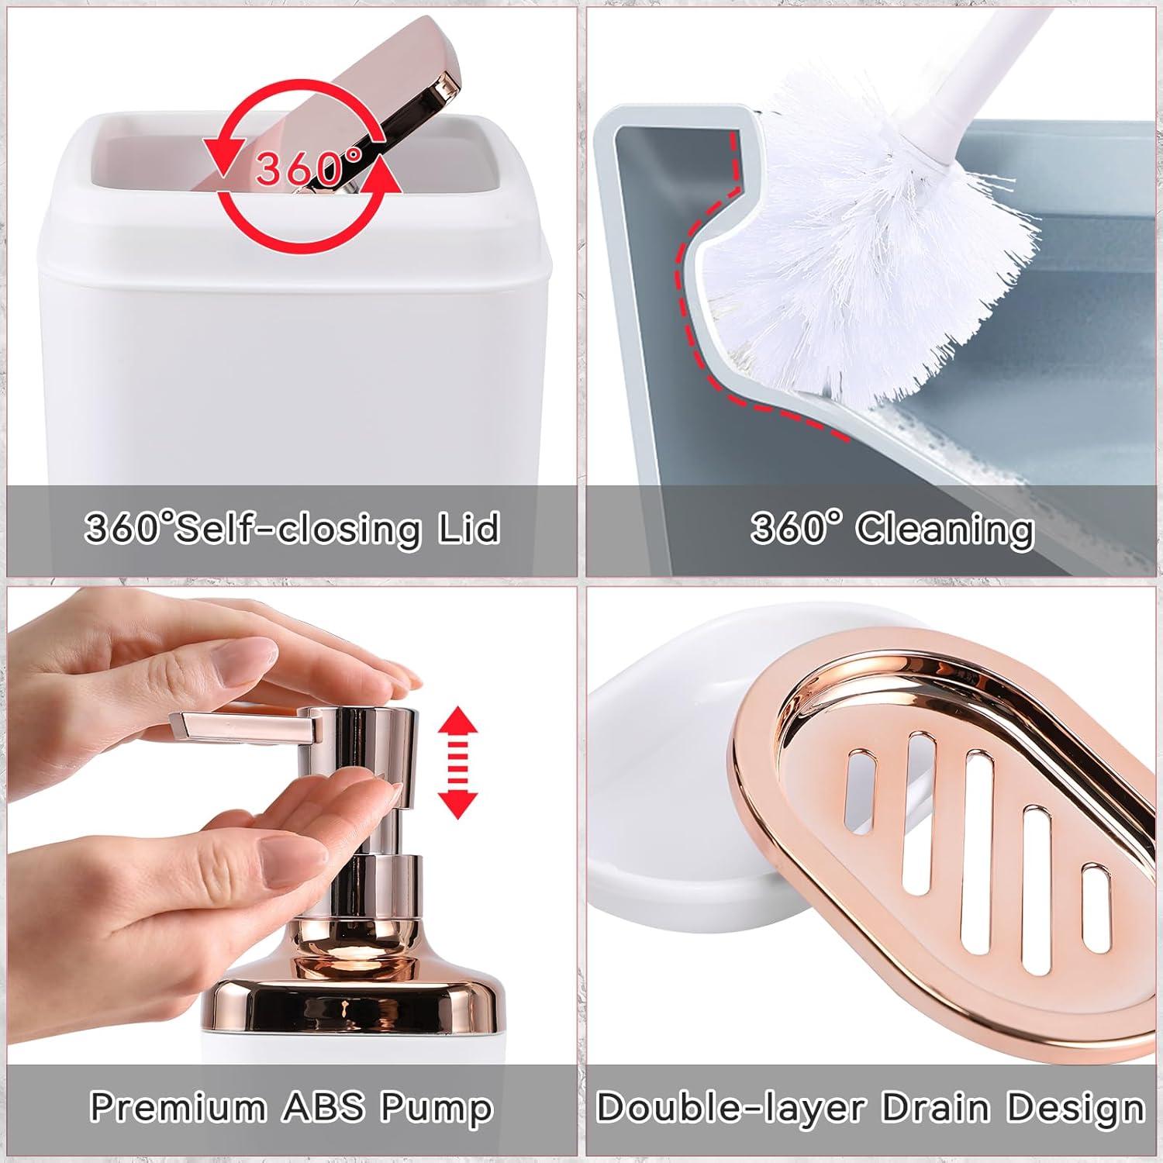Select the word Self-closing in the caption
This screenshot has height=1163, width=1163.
[x=299, y=530]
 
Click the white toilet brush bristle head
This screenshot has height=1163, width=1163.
[x=868, y=233]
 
